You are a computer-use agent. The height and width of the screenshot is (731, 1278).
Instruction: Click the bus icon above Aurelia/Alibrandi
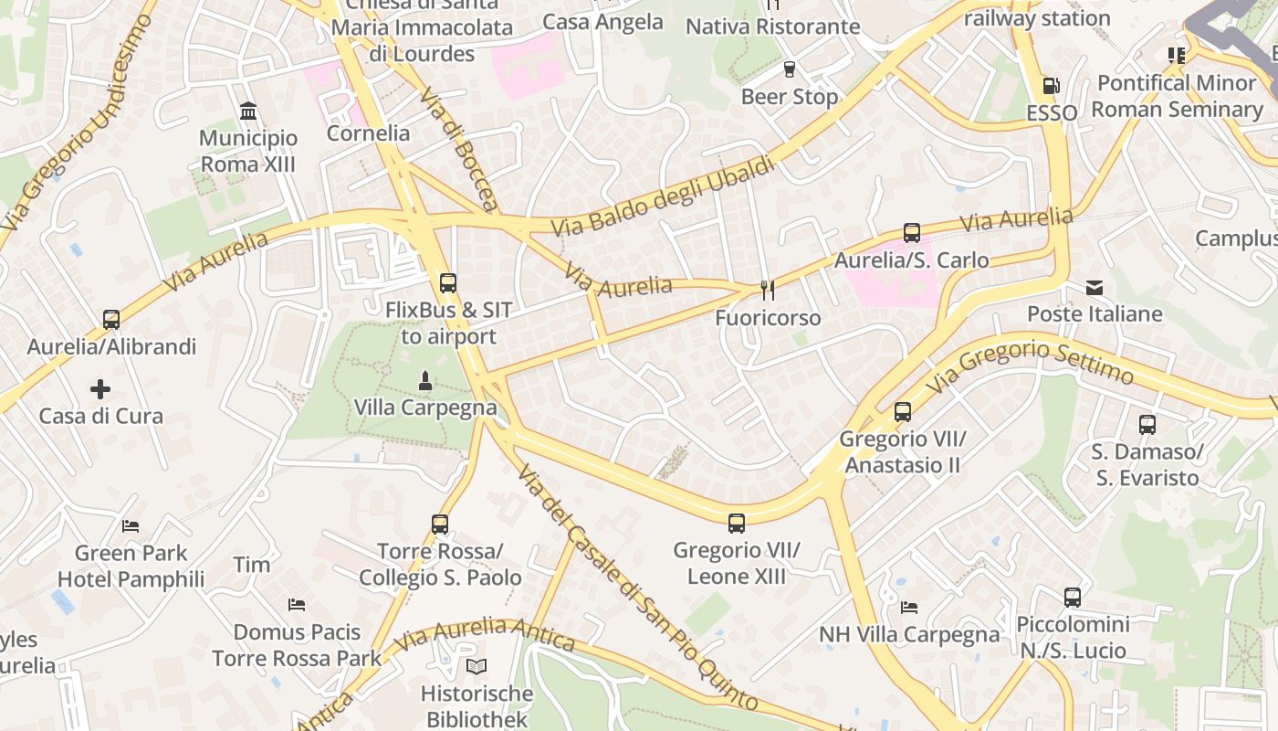click(111, 320)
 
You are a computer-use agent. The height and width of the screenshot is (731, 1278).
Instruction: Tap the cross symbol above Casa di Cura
click(100, 389)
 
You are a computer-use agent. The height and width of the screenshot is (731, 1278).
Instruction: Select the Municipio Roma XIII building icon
click(248, 111)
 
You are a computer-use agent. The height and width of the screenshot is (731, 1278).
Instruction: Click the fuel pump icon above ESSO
click(1051, 86)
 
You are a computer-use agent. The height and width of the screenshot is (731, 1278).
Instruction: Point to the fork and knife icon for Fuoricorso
click(768, 291)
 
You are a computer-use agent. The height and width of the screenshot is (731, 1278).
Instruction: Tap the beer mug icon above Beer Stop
click(790, 69)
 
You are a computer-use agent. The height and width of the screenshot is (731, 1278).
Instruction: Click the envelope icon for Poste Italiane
click(1095, 288)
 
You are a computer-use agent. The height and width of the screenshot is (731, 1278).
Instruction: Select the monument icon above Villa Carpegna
click(424, 379)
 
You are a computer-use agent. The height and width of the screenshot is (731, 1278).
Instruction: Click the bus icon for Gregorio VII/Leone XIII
click(737, 524)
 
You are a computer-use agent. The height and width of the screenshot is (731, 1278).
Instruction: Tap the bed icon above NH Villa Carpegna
click(909, 607)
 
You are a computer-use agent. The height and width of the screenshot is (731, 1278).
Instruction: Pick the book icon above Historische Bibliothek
click(477, 666)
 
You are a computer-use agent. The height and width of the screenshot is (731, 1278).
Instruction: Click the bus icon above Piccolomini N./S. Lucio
click(1073, 598)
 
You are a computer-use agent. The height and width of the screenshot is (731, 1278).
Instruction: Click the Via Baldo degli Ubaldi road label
click(663, 196)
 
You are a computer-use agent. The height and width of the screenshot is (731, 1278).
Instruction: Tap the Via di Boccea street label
click(462, 150)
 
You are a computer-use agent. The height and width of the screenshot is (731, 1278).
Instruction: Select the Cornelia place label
click(369, 133)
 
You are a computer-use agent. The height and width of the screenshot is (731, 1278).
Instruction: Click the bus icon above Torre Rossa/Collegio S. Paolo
click(440, 524)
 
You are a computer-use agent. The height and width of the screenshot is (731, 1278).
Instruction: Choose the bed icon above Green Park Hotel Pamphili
click(131, 526)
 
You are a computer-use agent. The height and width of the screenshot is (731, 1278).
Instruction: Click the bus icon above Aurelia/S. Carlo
click(911, 233)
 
